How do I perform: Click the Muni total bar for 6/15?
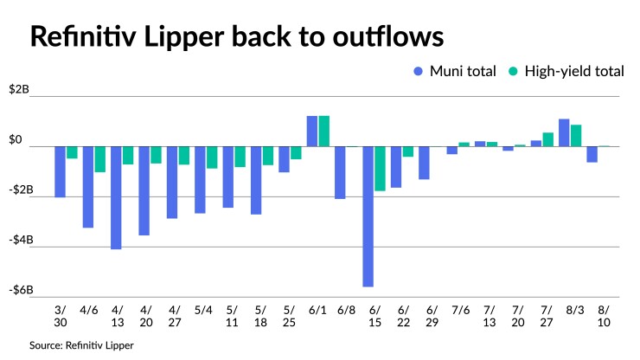point(368,215)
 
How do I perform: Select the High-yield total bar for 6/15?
point(380,168)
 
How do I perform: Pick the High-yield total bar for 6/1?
point(324,131)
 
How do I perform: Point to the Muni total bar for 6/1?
point(312,131)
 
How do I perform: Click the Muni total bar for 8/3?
point(564,132)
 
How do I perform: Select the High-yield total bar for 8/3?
point(576,135)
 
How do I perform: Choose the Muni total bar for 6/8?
point(340,172)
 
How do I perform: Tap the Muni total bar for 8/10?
point(592,154)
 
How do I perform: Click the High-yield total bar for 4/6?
point(100,159)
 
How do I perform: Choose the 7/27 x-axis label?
point(547,316)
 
